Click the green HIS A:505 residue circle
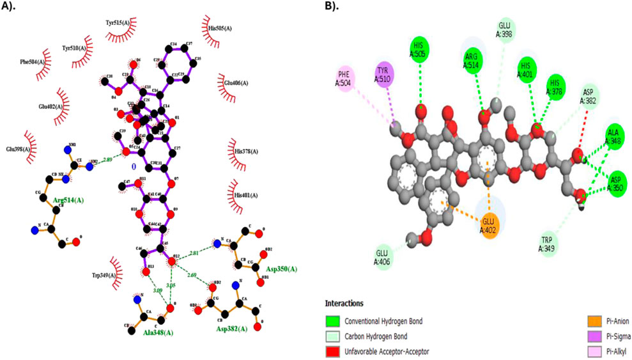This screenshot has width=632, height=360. [419, 49]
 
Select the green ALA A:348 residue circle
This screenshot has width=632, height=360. [614, 137]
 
